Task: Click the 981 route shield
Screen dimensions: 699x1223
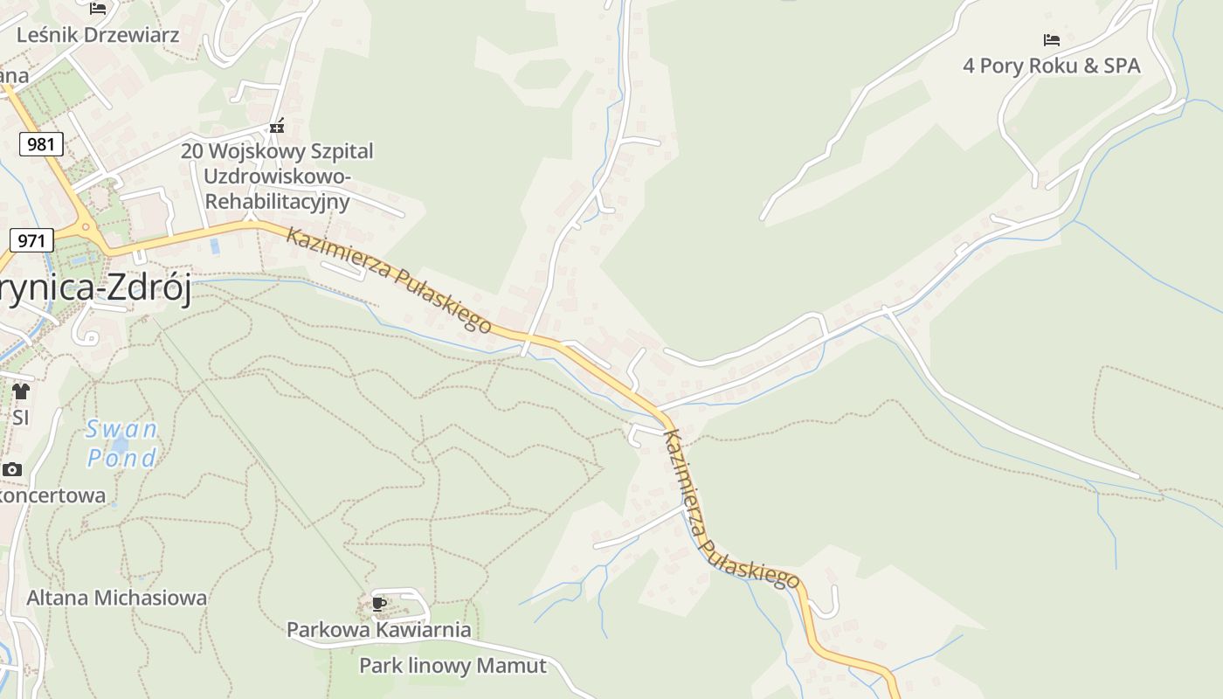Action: (41, 144)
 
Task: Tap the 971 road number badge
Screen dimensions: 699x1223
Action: (32, 239)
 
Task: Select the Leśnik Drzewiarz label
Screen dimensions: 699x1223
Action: (98, 35)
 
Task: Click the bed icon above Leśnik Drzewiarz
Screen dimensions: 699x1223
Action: (98, 9)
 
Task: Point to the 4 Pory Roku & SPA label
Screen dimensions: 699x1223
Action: (1051, 66)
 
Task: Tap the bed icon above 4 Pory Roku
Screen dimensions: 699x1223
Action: (1052, 40)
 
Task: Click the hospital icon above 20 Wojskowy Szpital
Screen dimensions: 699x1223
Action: (277, 127)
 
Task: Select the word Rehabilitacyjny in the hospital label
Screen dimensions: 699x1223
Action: (277, 202)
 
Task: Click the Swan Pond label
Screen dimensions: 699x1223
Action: (121, 443)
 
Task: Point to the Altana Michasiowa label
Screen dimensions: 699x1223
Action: (117, 598)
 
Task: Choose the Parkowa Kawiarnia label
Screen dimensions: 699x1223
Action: (378, 629)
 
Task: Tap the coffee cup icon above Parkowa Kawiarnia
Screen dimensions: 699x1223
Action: (378, 604)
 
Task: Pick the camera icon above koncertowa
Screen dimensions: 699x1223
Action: (11, 470)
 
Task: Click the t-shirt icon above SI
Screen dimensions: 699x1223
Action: (21, 391)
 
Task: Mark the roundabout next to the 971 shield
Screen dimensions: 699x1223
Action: (86, 228)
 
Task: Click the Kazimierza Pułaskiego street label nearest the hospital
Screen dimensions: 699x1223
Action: (389, 280)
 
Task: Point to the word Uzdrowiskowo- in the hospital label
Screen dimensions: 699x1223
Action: (277, 176)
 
